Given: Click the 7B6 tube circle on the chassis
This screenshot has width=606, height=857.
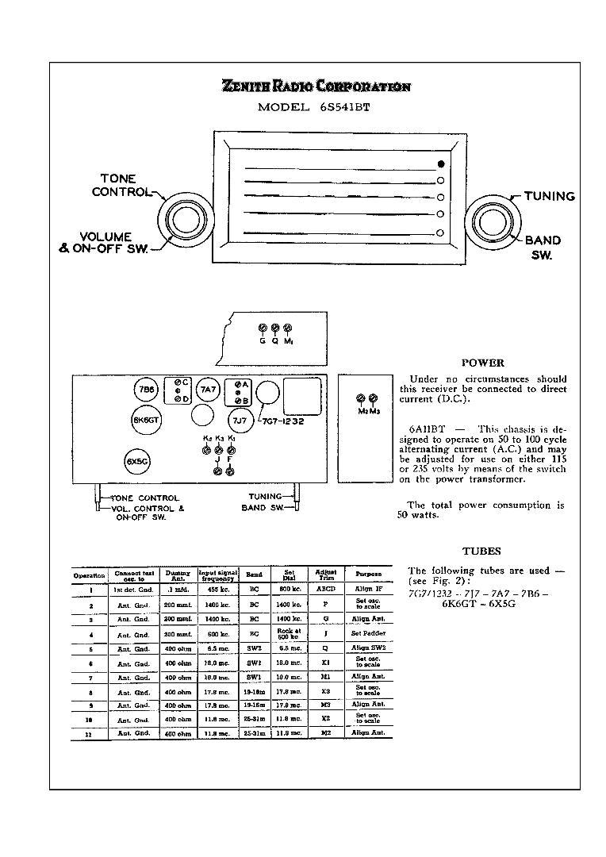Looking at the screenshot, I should pos(146,390).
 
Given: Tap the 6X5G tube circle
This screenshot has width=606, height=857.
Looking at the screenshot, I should pos(137,461).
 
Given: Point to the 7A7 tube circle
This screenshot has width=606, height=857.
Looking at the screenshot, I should pos(208,390).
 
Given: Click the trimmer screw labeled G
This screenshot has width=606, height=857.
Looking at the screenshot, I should pos(263,329).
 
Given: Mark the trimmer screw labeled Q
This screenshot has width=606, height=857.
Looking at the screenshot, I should pos(274,329).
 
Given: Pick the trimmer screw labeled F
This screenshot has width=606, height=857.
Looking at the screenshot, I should pos(230,471).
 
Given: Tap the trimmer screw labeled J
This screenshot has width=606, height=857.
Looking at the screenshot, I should pos(217,471).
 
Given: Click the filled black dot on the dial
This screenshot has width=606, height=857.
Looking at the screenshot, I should pos(440,163).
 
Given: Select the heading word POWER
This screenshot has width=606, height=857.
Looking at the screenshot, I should pos(482,363).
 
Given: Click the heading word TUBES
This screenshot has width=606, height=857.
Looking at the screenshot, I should pos(481,551).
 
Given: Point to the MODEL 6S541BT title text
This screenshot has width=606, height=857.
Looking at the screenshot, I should pos(314,108).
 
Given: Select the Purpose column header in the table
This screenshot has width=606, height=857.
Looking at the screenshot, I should pos(368,575).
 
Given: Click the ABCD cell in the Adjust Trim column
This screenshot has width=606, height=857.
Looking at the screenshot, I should pos(325,590).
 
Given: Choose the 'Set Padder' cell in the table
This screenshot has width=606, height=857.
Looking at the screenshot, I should pos(368,634).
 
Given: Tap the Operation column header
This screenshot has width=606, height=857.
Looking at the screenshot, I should pos(90,575).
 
